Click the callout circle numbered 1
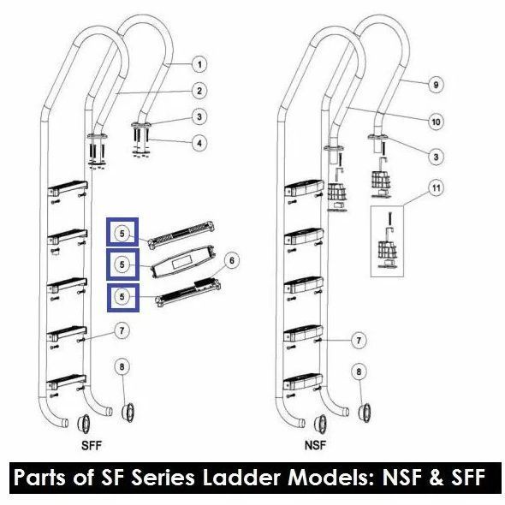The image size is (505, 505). tap(199, 64)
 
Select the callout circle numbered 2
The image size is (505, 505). tap(199, 91)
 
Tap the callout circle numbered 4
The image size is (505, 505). tap(199, 142)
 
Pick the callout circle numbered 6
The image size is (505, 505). tap(232, 260)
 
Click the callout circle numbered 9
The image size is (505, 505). tap(436, 85)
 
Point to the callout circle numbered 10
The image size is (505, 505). tap(436, 122)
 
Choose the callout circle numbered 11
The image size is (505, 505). tap(436, 187)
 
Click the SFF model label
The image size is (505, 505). tap(92, 446)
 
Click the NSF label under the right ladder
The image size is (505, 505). tap(315, 446)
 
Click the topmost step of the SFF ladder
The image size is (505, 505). tap(68, 187)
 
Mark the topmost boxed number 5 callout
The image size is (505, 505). tap(122, 233)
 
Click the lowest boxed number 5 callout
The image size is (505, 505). tap(122, 297)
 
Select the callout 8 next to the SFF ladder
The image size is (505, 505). tap(122, 367)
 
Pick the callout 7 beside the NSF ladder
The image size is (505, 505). tap(359, 340)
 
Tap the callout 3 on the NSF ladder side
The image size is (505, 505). tap(436, 157)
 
